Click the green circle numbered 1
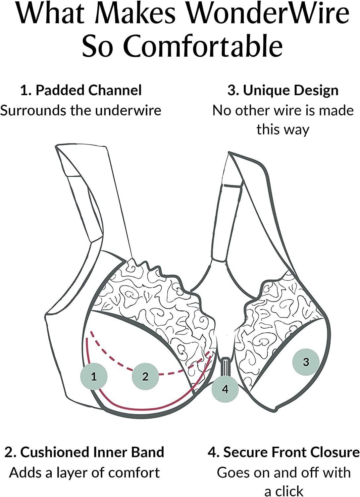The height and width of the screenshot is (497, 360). [94, 376]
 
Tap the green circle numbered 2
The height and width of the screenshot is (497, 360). [145, 376]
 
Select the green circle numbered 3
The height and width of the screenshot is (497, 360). [306, 362]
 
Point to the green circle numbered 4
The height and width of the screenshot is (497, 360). [225, 389]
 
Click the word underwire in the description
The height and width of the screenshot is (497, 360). [128, 110]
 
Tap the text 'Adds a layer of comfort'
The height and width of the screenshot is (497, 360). [84, 472]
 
